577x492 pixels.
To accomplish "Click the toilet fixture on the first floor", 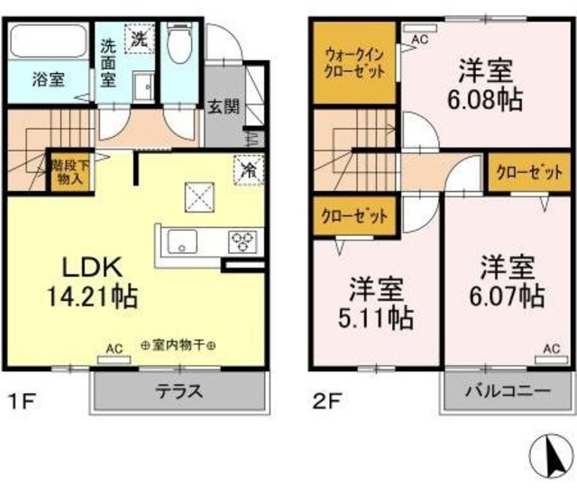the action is click(x=179, y=44).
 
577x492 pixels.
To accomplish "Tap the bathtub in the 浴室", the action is click(x=48, y=41).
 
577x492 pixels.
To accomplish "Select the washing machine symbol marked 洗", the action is click(x=139, y=39).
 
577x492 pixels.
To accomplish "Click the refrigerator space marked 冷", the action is click(x=249, y=169).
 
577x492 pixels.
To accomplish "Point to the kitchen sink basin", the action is click(x=182, y=241).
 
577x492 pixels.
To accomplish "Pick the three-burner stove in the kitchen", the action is click(x=243, y=241).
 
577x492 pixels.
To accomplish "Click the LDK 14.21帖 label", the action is click(x=92, y=282).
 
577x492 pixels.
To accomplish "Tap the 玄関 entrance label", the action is click(x=224, y=106).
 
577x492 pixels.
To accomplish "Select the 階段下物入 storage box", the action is click(x=69, y=172).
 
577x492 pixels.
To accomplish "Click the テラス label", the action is click(x=179, y=390).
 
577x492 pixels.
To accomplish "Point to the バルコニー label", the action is click(x=508, y=390).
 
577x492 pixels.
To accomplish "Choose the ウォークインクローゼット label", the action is click(x=354, y=63).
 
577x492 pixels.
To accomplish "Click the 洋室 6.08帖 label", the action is click(x=485, y=85).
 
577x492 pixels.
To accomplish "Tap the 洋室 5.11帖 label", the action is click(x=376, y=303).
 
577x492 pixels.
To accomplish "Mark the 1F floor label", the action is click(x=22, y=401).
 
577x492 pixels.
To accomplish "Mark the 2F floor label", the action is click(x=327, y=401).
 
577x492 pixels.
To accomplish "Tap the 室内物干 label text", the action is click(x=179, y=346).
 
